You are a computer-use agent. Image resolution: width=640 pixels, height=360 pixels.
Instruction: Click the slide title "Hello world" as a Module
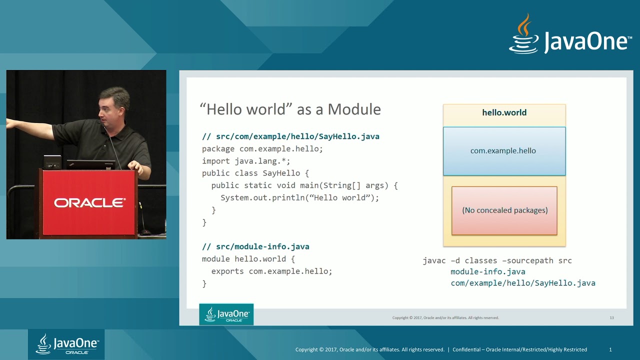[290, 109]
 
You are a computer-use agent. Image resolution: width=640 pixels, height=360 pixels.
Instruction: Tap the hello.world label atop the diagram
[504, 112]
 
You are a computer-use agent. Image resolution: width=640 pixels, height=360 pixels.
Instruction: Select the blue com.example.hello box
[504, 150]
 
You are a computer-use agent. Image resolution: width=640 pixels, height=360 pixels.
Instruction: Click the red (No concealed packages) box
[504, 210]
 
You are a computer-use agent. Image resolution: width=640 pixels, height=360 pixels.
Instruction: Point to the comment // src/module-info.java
[255, 246]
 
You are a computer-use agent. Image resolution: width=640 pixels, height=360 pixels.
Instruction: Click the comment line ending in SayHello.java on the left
[290, 136]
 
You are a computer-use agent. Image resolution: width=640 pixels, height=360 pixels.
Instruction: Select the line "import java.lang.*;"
[246, 161]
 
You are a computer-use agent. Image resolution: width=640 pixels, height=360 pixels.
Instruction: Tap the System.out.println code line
[299, 197]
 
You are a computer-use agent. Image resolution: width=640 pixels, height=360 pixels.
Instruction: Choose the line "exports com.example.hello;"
[271, 271]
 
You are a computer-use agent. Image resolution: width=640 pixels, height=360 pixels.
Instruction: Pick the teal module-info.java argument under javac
[487, 271]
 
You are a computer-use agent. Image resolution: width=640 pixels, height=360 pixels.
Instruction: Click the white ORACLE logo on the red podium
[89, 203]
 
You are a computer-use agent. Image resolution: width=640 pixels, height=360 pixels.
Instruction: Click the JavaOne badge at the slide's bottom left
[226, 314]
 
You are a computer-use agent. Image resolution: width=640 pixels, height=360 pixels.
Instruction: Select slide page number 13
[611, 317]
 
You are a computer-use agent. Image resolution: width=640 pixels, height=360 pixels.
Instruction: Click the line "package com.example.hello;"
[262, 148]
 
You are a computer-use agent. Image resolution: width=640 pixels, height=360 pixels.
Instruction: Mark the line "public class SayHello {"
[255, 173]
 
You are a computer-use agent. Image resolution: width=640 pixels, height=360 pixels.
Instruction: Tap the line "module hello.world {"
[248, 259]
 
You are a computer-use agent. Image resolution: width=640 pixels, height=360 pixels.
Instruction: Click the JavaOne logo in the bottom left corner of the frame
[66, 344]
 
